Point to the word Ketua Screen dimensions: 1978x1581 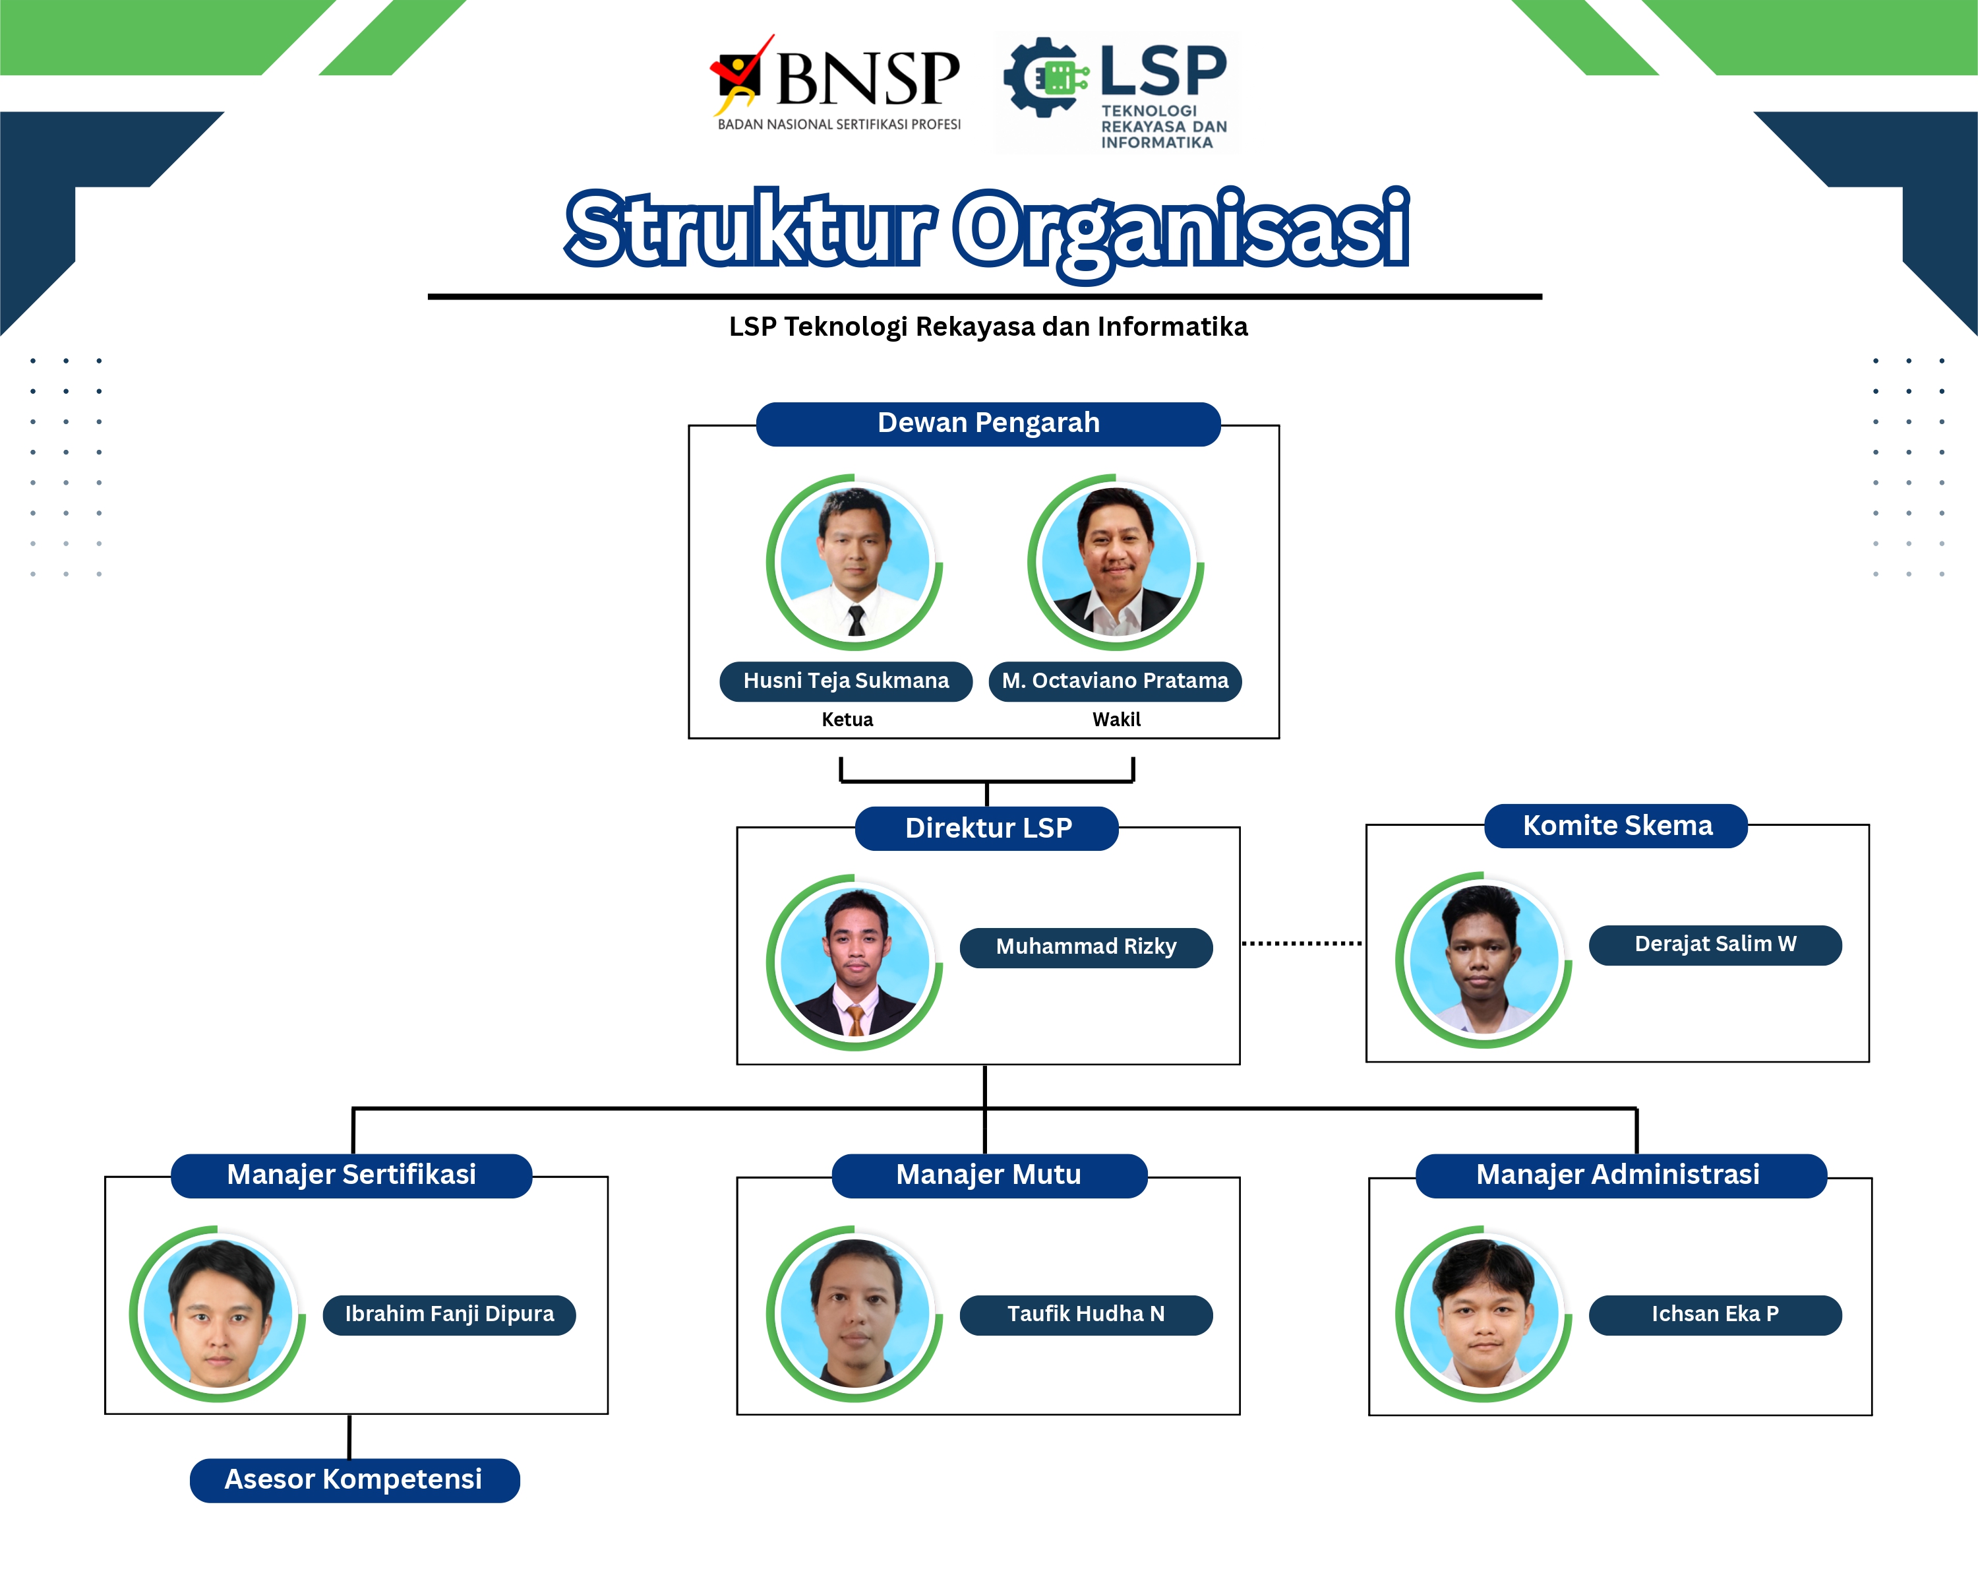coord(847,720)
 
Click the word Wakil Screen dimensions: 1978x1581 coord(1116,720)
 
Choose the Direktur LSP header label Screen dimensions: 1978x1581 coord(987,828)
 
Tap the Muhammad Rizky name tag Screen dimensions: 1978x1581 coord(1086,948)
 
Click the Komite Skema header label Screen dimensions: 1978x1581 coord(1617,826)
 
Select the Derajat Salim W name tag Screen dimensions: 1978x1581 coord(1716,945)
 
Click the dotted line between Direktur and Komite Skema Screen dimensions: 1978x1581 coord(1302,943)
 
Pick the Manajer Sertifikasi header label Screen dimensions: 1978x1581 coord(351,1175)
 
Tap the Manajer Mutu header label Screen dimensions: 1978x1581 coord(989,1175)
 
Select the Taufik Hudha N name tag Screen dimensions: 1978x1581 coord(1086,1315)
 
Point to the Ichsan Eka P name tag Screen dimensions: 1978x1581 coord(1716,1315)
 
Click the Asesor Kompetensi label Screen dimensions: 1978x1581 coord(354,1480)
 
